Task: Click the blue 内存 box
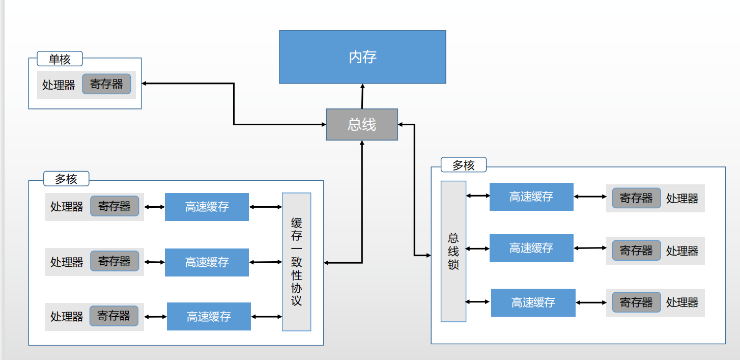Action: point(362,57)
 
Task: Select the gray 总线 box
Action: point(361,124)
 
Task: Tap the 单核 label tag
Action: point(60,59)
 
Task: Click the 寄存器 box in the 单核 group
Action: point(106,84)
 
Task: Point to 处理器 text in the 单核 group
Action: point(59,85)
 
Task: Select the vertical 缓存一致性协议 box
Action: point(296,262)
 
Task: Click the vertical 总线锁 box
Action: point(453,251)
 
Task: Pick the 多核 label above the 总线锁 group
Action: point(463,165)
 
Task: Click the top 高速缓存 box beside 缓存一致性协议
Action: point(207,207)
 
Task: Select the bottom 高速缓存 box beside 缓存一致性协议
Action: point(209,316)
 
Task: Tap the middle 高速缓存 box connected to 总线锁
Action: point(531,248)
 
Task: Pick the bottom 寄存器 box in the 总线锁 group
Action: point(636,302)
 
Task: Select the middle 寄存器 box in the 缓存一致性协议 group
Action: point(114,261)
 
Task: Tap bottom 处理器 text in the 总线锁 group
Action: point(682,302)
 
